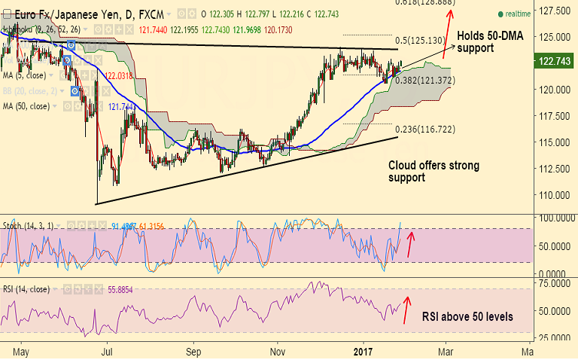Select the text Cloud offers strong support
coord(433,171)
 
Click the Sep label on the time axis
coord(194,351)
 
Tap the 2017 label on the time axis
coord(364,351)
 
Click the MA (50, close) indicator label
coord(27,106)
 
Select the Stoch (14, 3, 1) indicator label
coord(29,224)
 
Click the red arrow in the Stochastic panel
coord(410,245)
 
